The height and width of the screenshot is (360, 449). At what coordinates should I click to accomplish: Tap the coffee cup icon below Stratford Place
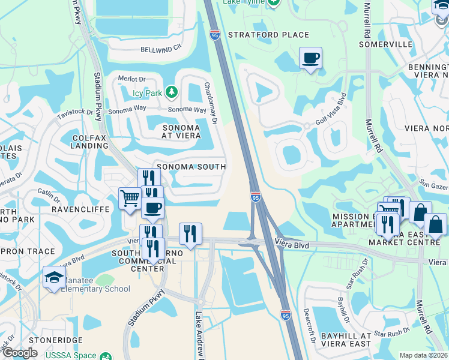[310, 58]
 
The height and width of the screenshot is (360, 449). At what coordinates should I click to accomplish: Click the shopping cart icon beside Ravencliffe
[130, 198]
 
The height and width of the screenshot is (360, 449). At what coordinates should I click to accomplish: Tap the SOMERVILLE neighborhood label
[386, 44]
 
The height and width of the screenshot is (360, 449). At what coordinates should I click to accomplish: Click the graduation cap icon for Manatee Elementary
[54, 278]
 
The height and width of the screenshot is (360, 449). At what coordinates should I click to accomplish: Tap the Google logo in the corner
[20, 353]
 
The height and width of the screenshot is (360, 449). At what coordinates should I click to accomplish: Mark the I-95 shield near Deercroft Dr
[286, 314]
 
